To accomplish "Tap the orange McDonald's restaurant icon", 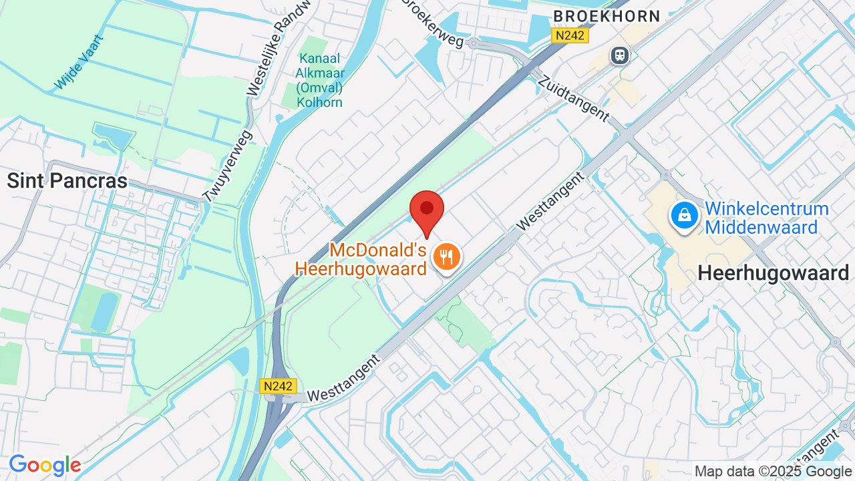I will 446,257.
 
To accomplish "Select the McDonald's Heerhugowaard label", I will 361,260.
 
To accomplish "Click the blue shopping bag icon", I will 685,216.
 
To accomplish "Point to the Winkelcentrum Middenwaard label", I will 766,218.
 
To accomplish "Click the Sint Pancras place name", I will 67,181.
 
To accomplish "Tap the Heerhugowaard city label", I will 773,273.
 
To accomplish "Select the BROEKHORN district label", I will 607,17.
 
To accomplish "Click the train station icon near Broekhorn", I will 620,55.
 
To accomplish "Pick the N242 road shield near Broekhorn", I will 570,36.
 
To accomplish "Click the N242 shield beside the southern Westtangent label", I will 278,386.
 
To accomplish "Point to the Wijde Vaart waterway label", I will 79,62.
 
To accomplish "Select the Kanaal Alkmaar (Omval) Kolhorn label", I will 320,81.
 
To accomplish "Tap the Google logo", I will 45,465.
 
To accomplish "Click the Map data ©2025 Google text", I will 774,472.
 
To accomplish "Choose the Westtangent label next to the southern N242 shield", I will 345,378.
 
